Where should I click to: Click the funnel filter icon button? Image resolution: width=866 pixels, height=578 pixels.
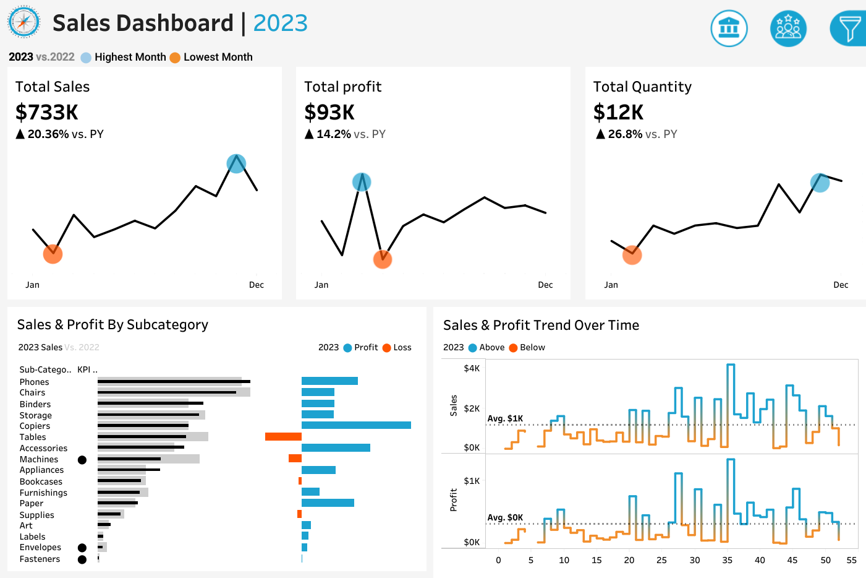click(x=849, y=28)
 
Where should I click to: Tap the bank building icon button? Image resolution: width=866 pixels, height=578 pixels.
click(x=729, y=28)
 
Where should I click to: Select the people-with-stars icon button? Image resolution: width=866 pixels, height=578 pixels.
click(x=788, y=28)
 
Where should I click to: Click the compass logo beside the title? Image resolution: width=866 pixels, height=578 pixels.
click(x=23, y=22)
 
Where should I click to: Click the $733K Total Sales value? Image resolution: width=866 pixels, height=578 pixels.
click(x=47, y=112)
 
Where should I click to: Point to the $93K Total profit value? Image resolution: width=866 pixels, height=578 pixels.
click(x=329, y=112)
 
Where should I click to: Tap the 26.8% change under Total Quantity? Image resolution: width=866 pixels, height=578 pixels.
click(x=625, y=134)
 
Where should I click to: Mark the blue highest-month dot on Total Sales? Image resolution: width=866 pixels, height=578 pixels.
click(x=236, y=163)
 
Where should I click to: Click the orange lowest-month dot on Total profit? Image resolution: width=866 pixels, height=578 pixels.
click(x=383, y=259)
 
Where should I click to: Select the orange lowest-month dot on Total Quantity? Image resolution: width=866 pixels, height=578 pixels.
click(x=632, y=254)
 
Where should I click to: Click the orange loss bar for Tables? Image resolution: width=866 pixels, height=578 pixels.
click(x=283, y=437)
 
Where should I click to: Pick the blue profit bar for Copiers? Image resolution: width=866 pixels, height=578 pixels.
click(x=356, y=425)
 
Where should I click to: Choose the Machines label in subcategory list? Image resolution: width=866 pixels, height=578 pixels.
click(x=39, y=459)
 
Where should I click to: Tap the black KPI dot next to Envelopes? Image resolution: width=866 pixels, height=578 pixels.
click(x=82, y=548)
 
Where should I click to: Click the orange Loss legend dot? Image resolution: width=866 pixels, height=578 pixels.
click(x=387, y=348)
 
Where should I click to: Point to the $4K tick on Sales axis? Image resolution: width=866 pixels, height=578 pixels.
click(x=472, y=368)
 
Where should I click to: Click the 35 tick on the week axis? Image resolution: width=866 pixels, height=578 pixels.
click(x=727, y=560)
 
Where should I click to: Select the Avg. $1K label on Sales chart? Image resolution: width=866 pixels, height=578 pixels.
click(x=505, y=418)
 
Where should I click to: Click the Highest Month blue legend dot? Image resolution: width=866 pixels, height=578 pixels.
click(x=86, y=58)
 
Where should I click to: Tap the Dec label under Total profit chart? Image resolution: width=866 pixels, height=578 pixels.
click(x=545, y=285)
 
